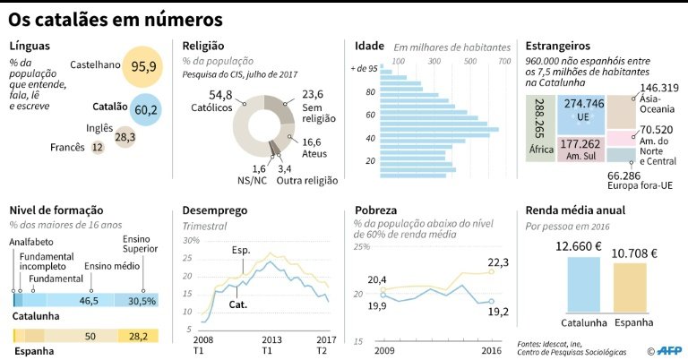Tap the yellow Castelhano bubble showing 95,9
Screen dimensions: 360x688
143,67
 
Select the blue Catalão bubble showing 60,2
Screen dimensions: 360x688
145,109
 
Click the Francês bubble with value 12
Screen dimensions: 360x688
98,147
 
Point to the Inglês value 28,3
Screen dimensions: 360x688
125,137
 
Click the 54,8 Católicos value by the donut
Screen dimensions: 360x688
220,95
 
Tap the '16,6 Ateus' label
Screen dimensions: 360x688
312,149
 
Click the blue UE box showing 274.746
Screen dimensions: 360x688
583,110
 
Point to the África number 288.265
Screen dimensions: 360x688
537,116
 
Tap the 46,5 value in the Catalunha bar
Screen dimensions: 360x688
89,301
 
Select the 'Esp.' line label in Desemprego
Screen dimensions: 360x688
241,251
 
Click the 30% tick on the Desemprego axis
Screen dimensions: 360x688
191,241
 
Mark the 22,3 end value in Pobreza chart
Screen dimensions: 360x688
498,262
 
